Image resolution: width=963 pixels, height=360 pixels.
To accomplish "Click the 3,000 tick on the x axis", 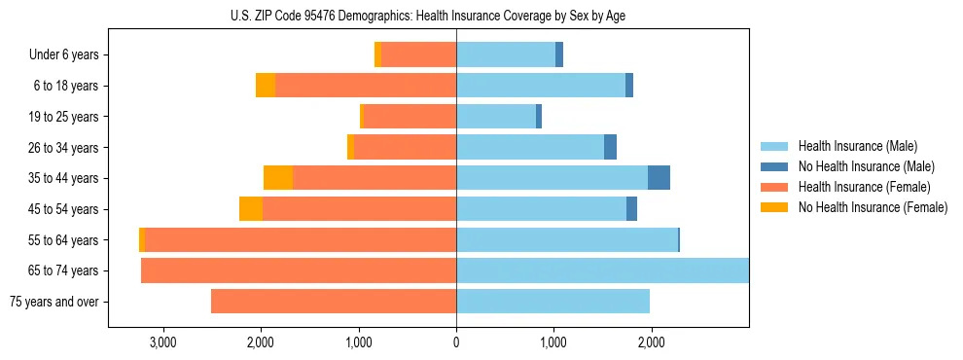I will click(162, 342).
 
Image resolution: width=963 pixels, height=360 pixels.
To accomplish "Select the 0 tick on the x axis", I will click(456, 342).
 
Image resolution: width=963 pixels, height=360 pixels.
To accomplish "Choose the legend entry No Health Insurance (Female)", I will click(873, 207).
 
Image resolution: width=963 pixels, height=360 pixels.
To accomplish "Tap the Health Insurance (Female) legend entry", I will click(864, 187).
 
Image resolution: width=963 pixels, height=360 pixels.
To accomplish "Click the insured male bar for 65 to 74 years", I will click(602, 270).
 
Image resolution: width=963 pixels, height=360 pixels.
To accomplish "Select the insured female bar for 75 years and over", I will click(334, 302).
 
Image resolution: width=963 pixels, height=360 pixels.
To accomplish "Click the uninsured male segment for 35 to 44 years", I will click(659, 178).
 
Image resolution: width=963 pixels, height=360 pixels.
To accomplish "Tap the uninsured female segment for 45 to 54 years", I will click(251, 209).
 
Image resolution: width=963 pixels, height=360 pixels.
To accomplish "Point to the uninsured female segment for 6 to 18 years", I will click(266, 86).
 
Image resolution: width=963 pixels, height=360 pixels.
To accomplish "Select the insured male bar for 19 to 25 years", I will click(496, 117).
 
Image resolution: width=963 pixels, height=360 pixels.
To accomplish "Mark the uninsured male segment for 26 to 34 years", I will click(610, 148).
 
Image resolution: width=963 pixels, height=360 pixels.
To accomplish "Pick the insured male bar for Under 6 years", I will click(506, 55).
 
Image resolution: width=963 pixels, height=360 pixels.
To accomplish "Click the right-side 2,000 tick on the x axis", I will click(652, 342).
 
